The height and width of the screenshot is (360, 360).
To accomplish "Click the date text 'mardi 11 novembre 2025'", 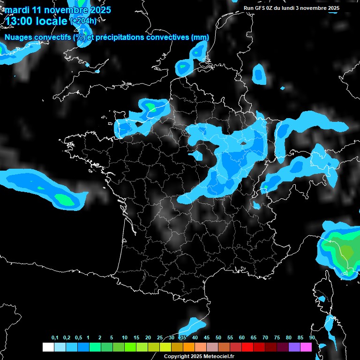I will point(58,10).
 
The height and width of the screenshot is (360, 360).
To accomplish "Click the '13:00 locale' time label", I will point(36,21).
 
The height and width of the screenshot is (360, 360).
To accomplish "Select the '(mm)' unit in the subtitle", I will point(200,37).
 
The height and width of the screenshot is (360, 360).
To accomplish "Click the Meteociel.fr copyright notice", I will point(199,356).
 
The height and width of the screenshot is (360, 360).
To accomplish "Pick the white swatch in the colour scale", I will point(48,347).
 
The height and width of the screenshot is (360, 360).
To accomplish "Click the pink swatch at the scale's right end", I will point(306,347).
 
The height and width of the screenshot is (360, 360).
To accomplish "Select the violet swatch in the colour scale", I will point(294,347).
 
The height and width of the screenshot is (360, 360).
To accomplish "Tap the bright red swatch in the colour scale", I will point(247,347).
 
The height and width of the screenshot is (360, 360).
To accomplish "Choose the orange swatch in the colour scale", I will point(189,347).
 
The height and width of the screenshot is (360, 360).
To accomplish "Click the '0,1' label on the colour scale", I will point(55,338).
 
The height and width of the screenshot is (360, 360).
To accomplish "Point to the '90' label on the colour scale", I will point(312,338).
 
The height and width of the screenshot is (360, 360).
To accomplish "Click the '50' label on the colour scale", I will point(218,338).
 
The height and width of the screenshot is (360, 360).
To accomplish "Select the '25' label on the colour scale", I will point(160,338).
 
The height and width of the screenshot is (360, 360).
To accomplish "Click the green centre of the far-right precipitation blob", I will point(346,251).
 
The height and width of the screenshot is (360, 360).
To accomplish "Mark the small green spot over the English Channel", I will point(151,108).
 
